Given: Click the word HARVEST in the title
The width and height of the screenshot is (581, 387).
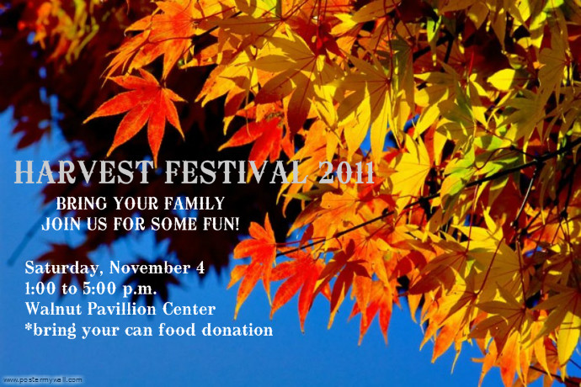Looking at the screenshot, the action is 84,172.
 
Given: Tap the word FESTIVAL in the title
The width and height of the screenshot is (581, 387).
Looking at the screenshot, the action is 235,172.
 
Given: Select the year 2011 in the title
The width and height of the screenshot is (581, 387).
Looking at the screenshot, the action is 346,172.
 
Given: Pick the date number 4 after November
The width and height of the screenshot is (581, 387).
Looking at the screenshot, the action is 200,268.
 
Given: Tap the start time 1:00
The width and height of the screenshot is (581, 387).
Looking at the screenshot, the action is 40,289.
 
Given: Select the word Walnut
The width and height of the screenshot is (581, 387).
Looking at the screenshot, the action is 53,309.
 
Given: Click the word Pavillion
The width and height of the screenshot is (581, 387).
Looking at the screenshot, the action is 122,309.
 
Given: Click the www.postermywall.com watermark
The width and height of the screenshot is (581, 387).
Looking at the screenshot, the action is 43,380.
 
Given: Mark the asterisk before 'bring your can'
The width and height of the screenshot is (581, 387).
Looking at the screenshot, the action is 29,326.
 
